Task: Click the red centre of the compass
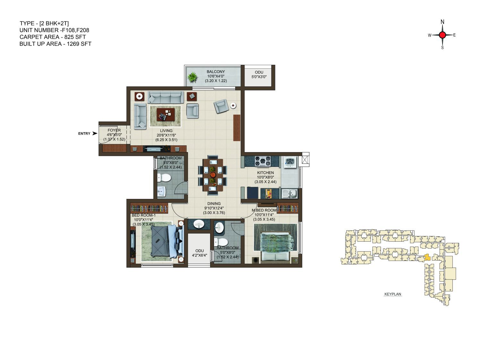coord(442,35)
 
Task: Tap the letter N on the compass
coord(442,22)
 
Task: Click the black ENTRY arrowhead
coord(95,133)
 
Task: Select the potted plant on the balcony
coord(193,77)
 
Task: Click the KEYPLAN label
coord(393,294)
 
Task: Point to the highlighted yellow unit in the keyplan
coord(427,257)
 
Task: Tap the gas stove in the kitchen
coord(262,161)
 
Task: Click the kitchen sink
coord(289,194)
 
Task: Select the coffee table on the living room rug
coord(166,114)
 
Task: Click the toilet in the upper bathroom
coord(164,178)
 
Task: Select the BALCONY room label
coord(216,72)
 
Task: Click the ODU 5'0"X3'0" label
coord(259,74)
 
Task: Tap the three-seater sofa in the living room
coord(166,97)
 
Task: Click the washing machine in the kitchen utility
coord(290,162)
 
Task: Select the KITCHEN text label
coord(266,173)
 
